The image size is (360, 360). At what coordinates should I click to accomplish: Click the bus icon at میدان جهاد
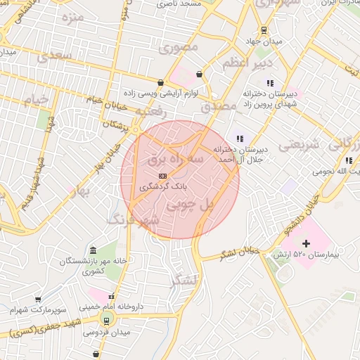tap(264, 30)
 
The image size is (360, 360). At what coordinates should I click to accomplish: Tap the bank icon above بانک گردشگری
tap(162, 176)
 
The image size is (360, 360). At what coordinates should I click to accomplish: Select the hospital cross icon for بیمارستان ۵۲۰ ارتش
tap(306, 243)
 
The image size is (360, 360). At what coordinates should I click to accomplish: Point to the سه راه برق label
tap(174, 160)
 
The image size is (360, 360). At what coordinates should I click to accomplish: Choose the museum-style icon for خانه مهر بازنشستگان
tap(94, 251)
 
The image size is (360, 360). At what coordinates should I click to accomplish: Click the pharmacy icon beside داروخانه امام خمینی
tap(110, 296)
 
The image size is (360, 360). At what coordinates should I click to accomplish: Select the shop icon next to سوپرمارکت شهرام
tap(38, 300)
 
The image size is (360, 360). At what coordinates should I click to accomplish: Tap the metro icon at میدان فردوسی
tap(106, 321)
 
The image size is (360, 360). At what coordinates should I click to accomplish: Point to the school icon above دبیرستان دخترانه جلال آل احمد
tap(240, 139)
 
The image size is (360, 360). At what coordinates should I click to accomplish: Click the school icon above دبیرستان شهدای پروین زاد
tap(270, 83)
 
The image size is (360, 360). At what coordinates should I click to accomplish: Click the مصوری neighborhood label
tap(179, 47)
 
